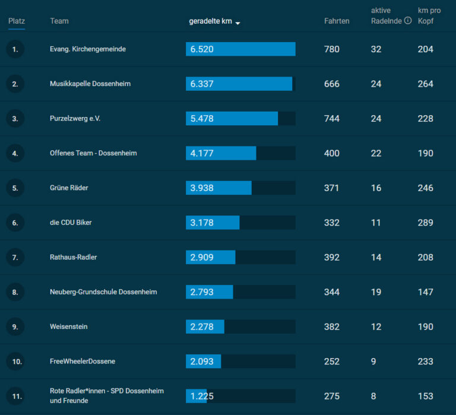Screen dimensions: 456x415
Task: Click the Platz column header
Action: [x=17, y=21]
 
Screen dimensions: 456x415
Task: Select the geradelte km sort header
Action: [x=211, y=21]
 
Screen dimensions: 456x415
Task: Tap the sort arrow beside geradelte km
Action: [x=237, y=23]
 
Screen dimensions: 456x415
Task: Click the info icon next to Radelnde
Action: [x=408, y=20]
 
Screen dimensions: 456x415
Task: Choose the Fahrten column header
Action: [x=337, y=21]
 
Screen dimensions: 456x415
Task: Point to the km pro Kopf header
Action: [x=429, y=15]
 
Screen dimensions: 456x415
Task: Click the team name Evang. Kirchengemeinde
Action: [x=88, y=49]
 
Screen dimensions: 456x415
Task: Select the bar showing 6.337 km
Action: [x=239, y=84]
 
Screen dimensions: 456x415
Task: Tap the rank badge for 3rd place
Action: [x=15, y=119]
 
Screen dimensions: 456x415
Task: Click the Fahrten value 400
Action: [x=332, y=153]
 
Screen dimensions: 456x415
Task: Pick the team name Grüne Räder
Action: [x=69, y=188]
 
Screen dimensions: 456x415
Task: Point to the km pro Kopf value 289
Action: [x=426, y=223]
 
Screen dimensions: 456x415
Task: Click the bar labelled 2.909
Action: [x=211, y=257]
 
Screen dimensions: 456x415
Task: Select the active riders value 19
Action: [x=376, y=292]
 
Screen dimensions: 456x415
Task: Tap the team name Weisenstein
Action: [x=69, y=327]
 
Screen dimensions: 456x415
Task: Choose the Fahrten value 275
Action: [x=332, y=396]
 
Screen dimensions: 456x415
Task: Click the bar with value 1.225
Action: [x=197, y=396]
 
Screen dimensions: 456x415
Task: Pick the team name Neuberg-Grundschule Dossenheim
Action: [x=103, y=292]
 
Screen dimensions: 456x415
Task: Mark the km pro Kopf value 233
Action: [x=426, y=361]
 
